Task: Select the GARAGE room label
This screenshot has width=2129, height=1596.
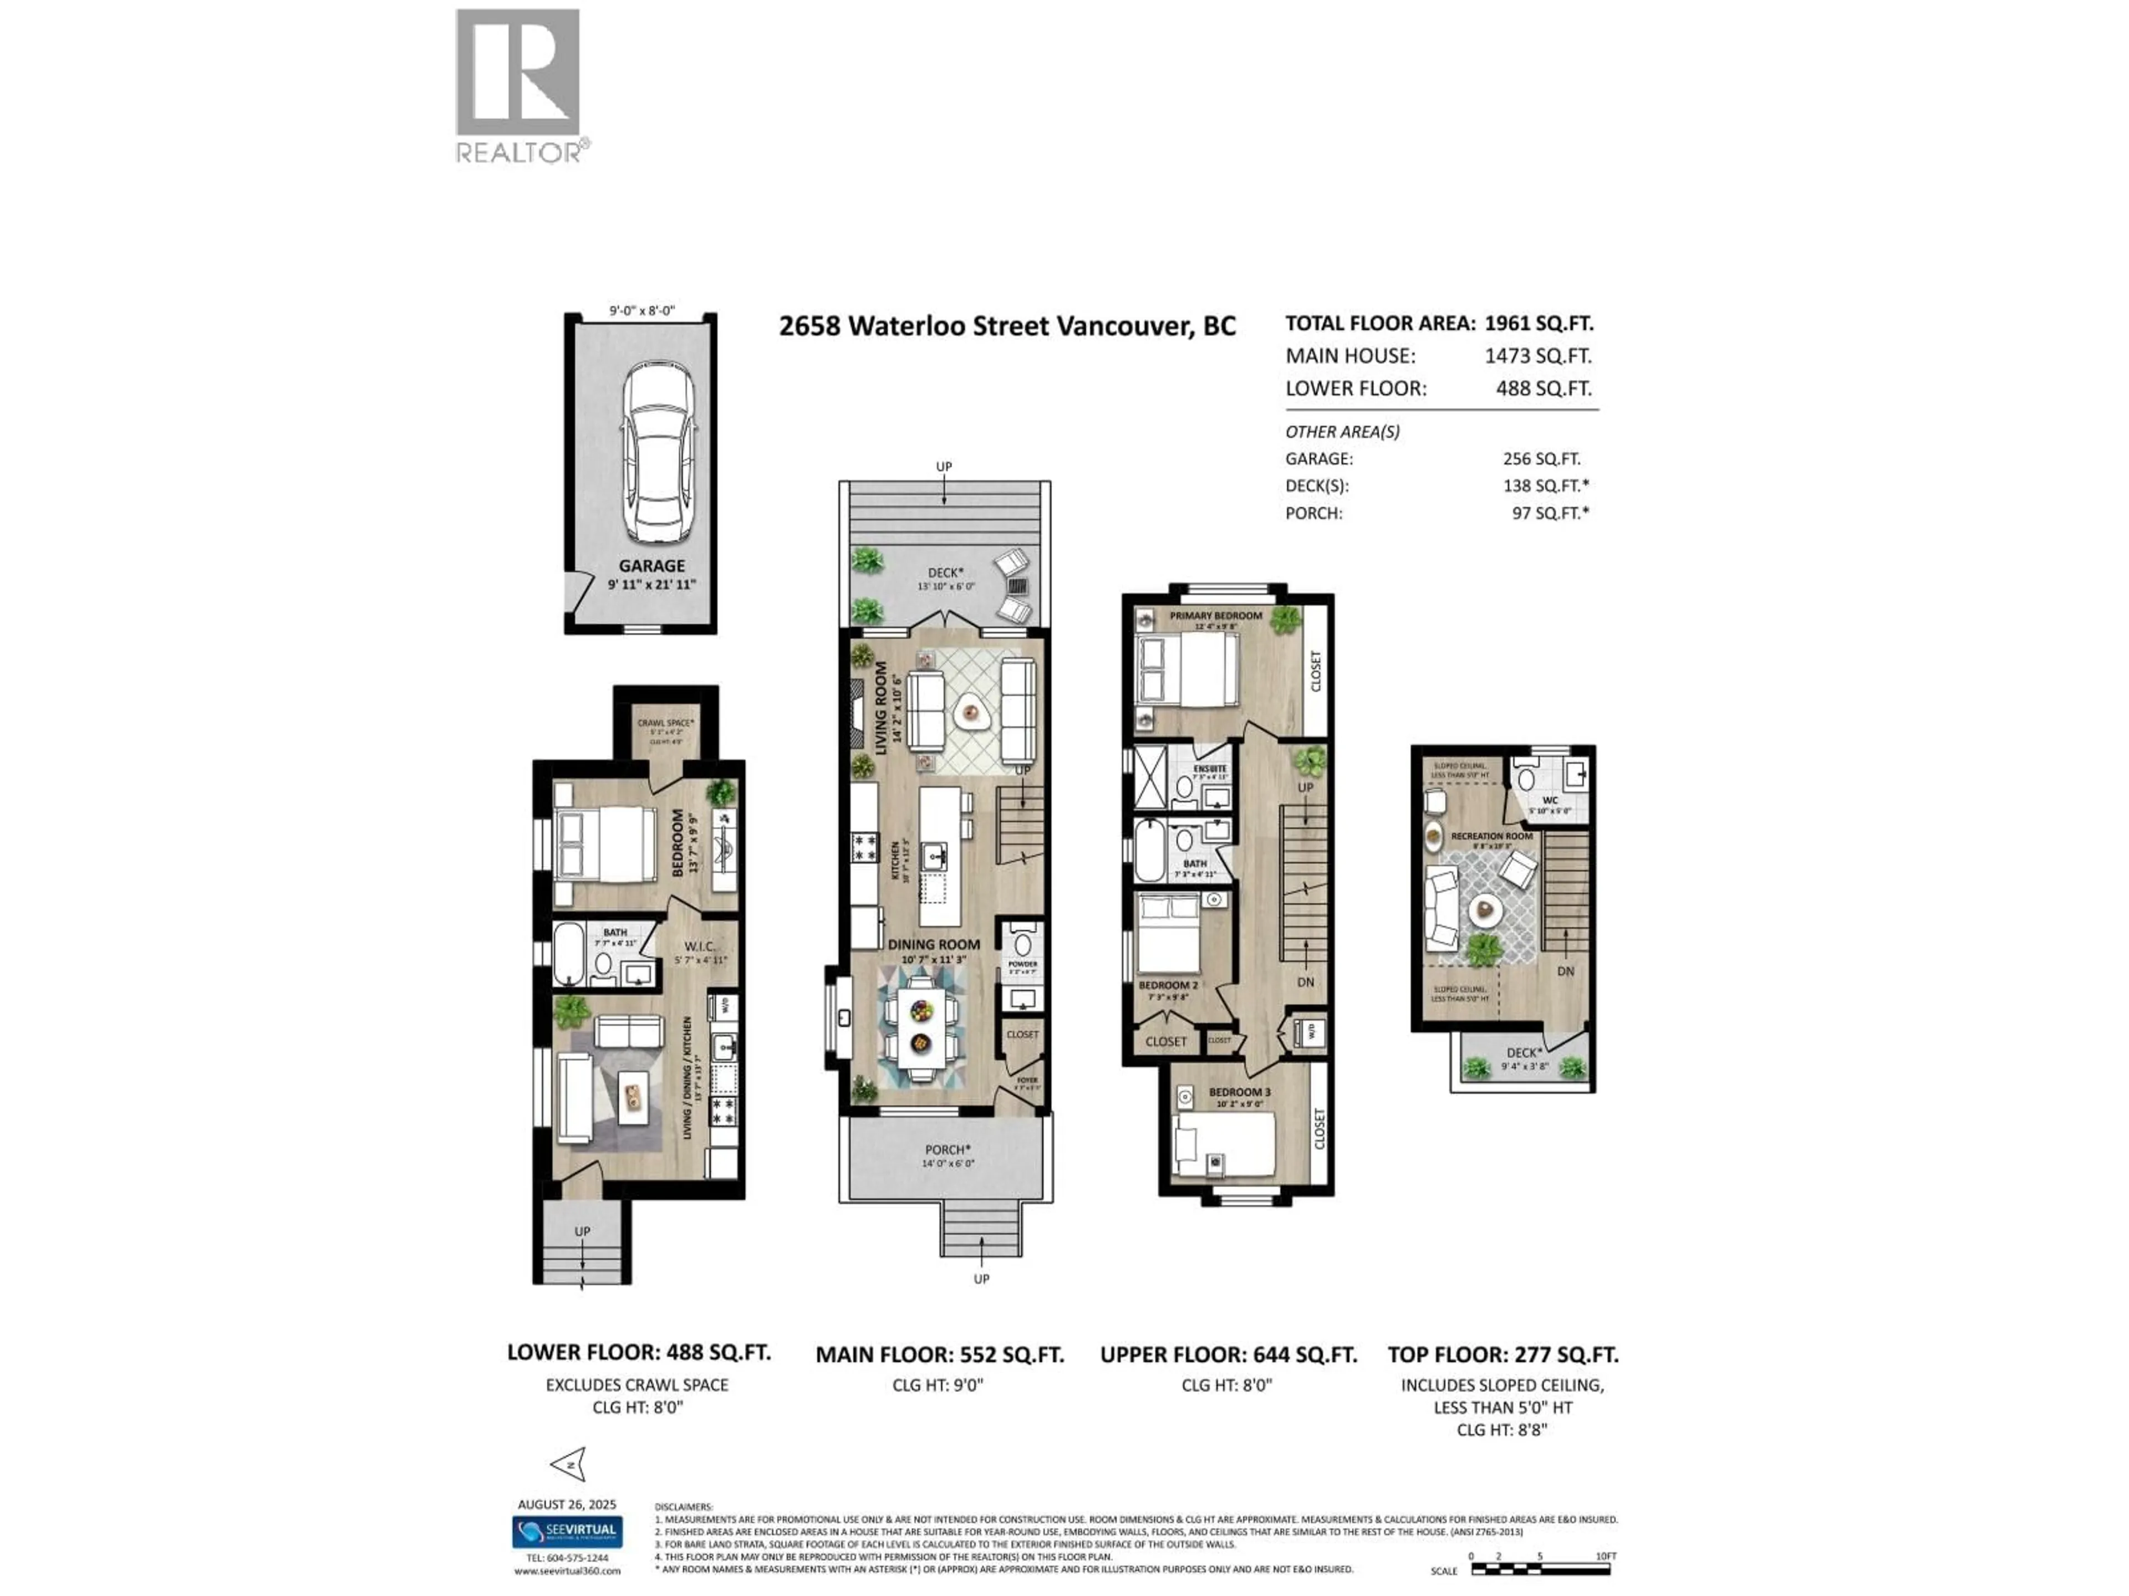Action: [651, 566]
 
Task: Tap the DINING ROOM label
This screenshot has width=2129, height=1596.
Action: [934, 945]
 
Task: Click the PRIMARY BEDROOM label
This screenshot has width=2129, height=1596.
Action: [1216, 616]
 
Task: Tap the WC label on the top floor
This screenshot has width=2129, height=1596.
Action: [1550, 800]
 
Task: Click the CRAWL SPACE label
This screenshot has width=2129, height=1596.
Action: [665, 723]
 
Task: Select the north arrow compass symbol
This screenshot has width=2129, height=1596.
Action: [569, 1464]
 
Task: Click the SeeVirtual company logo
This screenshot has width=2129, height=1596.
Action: [567, 1531]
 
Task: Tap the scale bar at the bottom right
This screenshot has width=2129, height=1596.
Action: [1540, 1569]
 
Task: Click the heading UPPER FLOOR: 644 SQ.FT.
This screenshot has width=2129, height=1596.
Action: [1228, 1354]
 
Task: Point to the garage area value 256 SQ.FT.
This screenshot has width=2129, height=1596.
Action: [1542, 459]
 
